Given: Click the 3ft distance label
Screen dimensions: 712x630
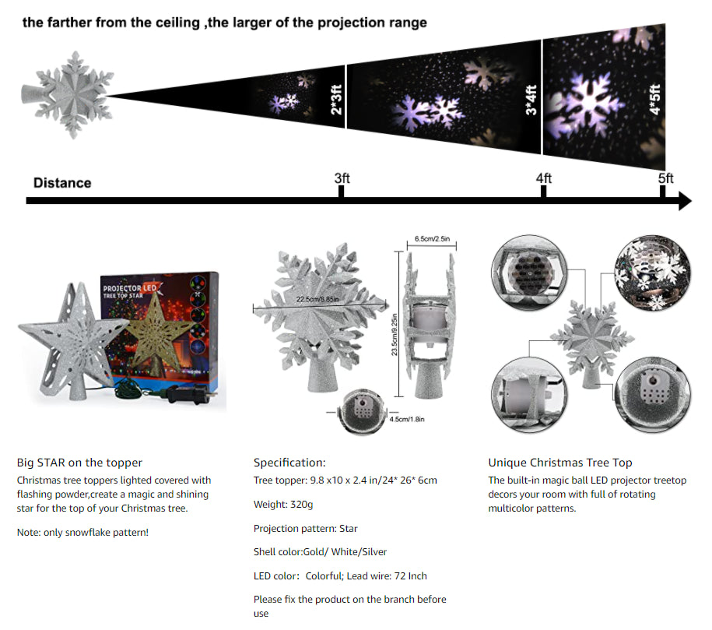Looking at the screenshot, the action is tap(342, 178).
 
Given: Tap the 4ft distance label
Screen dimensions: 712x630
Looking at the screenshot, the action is tap(544, 178).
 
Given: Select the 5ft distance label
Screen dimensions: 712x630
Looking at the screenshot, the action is tap(665, 178).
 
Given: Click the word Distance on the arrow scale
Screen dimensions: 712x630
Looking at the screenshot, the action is tap(62, 183).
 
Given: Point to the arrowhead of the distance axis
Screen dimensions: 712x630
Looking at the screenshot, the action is tap(685, 200).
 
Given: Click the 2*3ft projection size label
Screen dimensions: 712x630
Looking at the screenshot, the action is tap(336, 100).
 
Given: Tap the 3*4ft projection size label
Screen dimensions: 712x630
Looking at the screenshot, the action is tap(531, 100).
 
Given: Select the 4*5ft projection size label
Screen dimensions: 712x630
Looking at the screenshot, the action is tap(654, 100).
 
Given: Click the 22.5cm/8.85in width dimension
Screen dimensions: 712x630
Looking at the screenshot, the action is tap(317, 299).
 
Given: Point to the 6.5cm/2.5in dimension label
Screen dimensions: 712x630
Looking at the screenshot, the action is tap(432, 238).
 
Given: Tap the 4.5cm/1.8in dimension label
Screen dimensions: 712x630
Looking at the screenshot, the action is tap(407, 419).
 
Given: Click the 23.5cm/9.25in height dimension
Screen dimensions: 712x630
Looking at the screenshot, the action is tap(395, 335).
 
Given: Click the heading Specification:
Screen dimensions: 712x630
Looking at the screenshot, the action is tap(289, 463).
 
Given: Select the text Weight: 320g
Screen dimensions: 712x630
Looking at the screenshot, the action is tap(283, 505).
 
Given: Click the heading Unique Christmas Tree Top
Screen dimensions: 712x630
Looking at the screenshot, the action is tap(560, 463).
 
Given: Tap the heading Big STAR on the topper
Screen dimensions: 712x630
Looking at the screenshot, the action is tap(79, 463).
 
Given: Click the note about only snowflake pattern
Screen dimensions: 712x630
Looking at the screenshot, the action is tap(82, 533).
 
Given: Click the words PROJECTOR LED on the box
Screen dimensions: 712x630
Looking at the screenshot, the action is tap(129, 288).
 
